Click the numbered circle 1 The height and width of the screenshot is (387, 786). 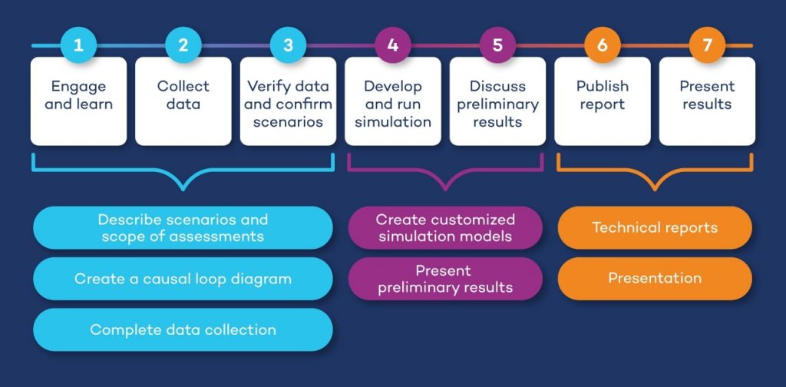pos(78,45)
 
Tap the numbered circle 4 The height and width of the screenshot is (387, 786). pos(393,45)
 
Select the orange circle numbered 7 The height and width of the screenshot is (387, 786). pos(707,45)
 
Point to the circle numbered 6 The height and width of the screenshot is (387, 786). pos(603,45)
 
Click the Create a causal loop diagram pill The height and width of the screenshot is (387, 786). pos(183,279)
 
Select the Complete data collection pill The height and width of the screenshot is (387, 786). pos(183,329)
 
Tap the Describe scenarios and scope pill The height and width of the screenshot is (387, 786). pos(183,228)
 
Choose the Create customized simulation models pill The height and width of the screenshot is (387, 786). pos(445,228)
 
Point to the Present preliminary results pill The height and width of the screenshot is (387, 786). pos(445,279)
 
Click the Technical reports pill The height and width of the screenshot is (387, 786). pos(655,228)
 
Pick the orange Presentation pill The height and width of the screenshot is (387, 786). pos(655,278)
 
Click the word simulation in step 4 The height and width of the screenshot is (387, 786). pos(393,121)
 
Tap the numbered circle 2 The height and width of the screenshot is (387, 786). pos(183,45)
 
